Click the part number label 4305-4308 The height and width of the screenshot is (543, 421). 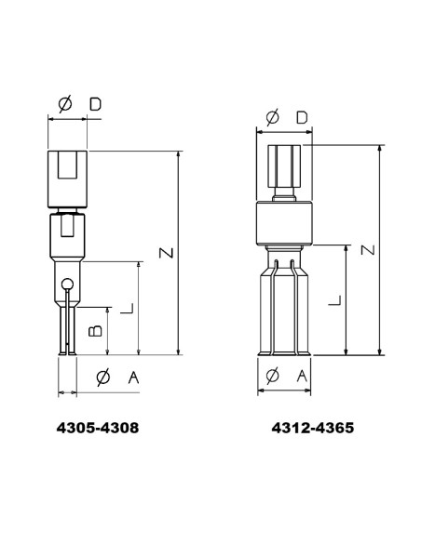coord(98,428)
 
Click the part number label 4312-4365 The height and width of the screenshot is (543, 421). coord(313,428)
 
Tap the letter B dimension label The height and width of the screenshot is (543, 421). coord(95,331)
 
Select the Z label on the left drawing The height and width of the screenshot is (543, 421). coord(166,253)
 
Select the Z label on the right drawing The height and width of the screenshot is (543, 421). coord(368,250)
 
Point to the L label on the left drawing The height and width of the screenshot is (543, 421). coord(127,308)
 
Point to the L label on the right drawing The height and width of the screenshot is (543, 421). coord(334,300)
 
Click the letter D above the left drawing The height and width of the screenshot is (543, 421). coord(95,104)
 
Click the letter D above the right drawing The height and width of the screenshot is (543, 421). coord(302,118)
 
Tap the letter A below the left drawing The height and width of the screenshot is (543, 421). coord(133,377)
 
